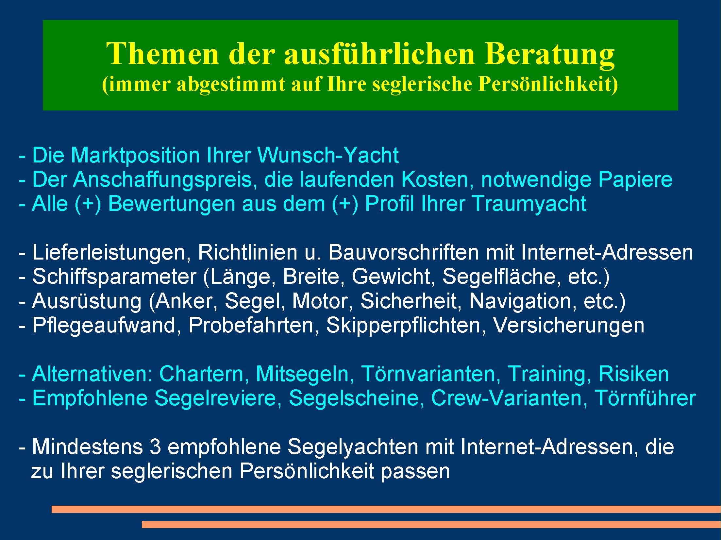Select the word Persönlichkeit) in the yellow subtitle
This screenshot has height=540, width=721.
click(x=548, y=84)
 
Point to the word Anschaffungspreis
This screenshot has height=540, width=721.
click(x=163, y=180)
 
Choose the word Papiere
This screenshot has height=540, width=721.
click(x=635, y=180)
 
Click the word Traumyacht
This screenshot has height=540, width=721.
click(x=529, y=204)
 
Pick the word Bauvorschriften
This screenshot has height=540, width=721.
click(x=403, y=253)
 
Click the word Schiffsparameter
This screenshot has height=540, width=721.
click(x=115, y=277)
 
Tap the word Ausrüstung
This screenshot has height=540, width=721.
click(x=87, y=301)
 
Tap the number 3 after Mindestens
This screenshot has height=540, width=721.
click(x=155, y=447)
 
